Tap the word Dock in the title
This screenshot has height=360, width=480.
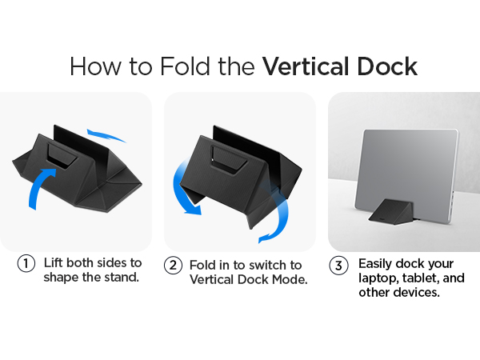(x=387, y=66)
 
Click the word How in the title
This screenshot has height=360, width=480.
(x=96, y=66)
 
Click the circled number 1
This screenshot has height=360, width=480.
(x=26, y=263)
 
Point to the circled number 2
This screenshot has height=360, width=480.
(x=173, y=265)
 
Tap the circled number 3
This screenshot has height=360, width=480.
(x=338, y=266)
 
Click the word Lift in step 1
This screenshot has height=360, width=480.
(x=54, y=262)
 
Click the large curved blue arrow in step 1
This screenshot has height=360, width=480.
(x=39, y=186)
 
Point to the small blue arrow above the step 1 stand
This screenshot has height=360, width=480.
(x=106, y=135)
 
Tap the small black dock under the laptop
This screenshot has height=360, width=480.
(x=391, y=212)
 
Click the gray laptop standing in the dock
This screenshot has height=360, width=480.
(x=406, y=174)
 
